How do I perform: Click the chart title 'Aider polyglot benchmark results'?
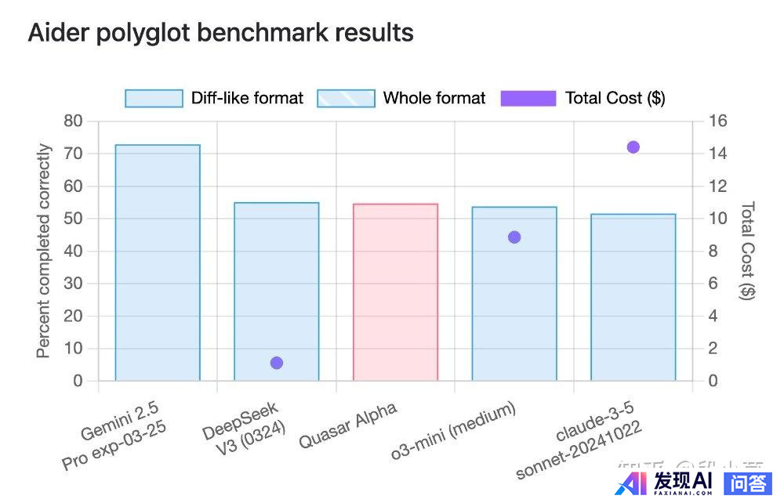point(220,33)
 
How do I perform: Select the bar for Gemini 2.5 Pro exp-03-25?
point(158,262)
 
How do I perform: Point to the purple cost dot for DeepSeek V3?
point(276,363)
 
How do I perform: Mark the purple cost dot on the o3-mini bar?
point(514,237)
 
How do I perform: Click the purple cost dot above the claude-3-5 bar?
point(633,147)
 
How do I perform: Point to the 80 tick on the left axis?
point(73,121)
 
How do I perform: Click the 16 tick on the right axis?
point(718,121)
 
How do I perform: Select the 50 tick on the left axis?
point(73,219)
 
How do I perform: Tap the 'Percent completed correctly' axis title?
point(44,251)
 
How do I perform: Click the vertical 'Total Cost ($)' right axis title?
point(748,251)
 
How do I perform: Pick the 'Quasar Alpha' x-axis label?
point(348,425)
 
